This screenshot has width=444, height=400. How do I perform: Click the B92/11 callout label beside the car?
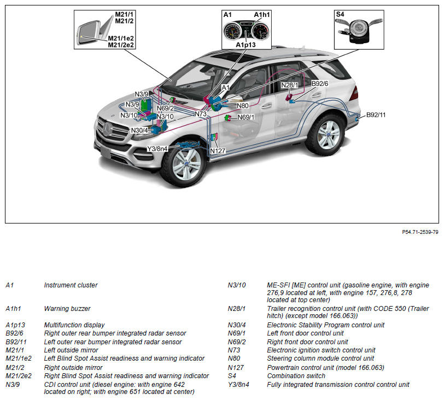[376, 115]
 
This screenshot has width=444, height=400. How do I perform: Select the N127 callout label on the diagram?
[218, 151]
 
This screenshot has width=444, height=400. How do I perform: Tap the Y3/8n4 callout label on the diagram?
[158, 149]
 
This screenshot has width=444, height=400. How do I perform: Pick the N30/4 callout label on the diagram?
[139, 130]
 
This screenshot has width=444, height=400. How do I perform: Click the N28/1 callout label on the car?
[290, 85]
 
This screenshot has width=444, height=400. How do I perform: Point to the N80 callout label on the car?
[242, 105]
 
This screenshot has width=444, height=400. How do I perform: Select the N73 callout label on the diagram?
[201, 114]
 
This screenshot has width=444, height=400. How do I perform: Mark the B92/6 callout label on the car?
[320, 83]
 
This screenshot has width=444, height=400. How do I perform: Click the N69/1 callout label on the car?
[246, 117]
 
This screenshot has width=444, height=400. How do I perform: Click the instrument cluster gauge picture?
[247, 30]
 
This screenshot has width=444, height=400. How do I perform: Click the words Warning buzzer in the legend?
[67, 309]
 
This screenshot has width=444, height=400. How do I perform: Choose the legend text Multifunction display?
[74, 325]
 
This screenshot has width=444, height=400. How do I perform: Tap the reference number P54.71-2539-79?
[420, 232]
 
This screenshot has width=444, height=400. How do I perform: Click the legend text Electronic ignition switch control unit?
[321, 350]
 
